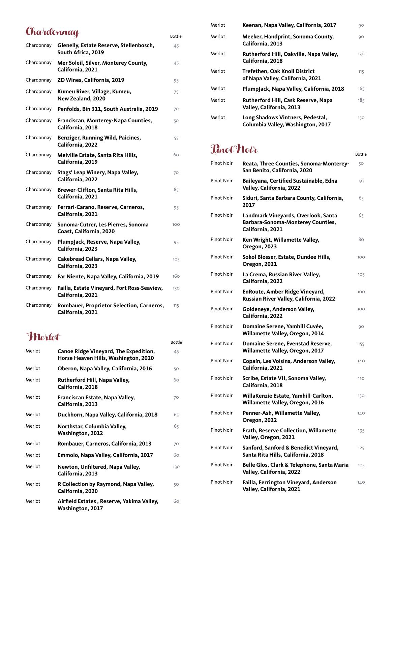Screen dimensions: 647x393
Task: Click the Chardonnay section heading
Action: pyautogui.click(x=52, y=32)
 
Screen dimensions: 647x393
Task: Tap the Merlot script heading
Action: pyautogui.click(x=43, y=337)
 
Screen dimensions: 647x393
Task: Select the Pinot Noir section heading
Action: pyautogui.click(x=234, y=149)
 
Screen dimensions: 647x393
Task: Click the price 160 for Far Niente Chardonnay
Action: pyautogui.click(x=176, y=276)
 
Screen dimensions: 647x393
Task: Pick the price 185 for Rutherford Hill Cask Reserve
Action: pyautogui.click(x=361, y=100)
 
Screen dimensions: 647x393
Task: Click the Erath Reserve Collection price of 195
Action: pyautogui.click(x=361, y=431)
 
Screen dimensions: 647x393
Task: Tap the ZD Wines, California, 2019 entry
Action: pyautogui.click(x=91, y=80)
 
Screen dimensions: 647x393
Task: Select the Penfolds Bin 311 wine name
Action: pyautogui.click(x=108, y=109)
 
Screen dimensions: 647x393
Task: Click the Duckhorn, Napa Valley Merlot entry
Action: pyautogui.click(x=107, y=415)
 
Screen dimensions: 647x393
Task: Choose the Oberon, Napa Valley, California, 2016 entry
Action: pyautogui.click(x=104, y=369)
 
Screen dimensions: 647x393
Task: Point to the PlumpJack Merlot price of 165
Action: pyautogui.click(x=361, y=89)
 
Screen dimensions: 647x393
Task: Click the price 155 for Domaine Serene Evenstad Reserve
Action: pyautogui.click(x=361, y=344)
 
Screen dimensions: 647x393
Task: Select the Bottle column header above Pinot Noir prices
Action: pyautogui.click(x=361, y=154)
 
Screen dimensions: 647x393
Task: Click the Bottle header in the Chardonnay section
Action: pyautogui.click(x=176, y=36)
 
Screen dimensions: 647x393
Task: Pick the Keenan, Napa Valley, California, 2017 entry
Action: pyautogui.click(x=289, y=25)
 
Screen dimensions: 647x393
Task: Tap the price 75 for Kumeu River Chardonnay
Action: pyautogui.click(x=176, y=92)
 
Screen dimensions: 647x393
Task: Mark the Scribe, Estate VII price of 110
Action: pyautogui.click(x=361, y=378)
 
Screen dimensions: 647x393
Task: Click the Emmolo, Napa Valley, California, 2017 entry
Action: pyautogui.click(x=105, y=455)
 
